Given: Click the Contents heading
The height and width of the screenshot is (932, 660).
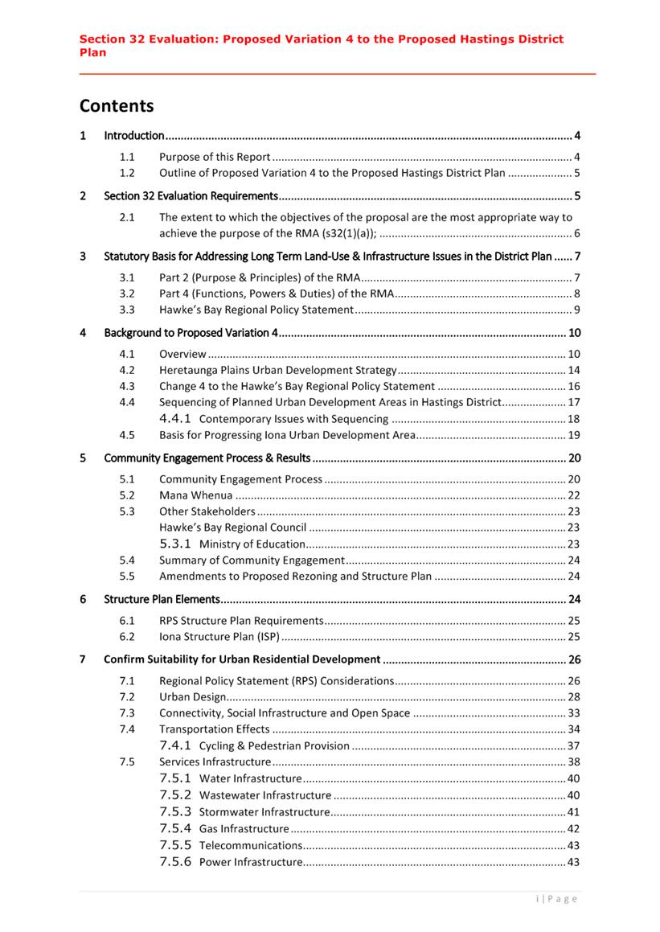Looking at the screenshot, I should pos(116,105).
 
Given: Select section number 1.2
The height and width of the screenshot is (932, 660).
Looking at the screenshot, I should pos(127,173).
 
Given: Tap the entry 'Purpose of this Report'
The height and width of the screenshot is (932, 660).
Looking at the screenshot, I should pos(215,157).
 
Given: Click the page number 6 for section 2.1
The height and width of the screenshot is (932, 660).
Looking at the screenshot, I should pos(576,234).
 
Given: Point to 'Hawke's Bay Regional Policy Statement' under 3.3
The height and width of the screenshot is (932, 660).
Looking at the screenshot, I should pos(256,310).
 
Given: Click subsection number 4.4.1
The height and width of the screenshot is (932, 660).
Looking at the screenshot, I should pos(175,419).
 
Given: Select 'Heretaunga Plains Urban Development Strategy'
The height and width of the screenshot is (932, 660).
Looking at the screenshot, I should pos(278,370).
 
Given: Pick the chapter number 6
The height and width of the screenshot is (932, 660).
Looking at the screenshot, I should pos(83,599).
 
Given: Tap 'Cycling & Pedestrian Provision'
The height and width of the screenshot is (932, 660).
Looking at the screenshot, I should pos(274,745).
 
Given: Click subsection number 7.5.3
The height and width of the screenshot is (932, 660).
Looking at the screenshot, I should pos(175,811).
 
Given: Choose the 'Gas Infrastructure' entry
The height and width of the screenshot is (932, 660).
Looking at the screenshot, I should pos(244,828).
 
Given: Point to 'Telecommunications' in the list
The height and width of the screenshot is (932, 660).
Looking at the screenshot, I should pos(251,845).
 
